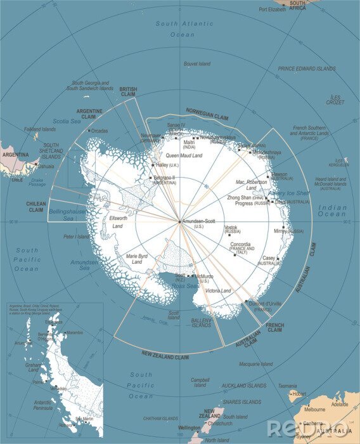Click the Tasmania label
pos(286,385)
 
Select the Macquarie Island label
pos(255,364)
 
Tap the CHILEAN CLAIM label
pos(35,207)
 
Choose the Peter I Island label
pos(77,237)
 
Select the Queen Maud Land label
pos(184,155)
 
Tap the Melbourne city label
pos(314,410)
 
